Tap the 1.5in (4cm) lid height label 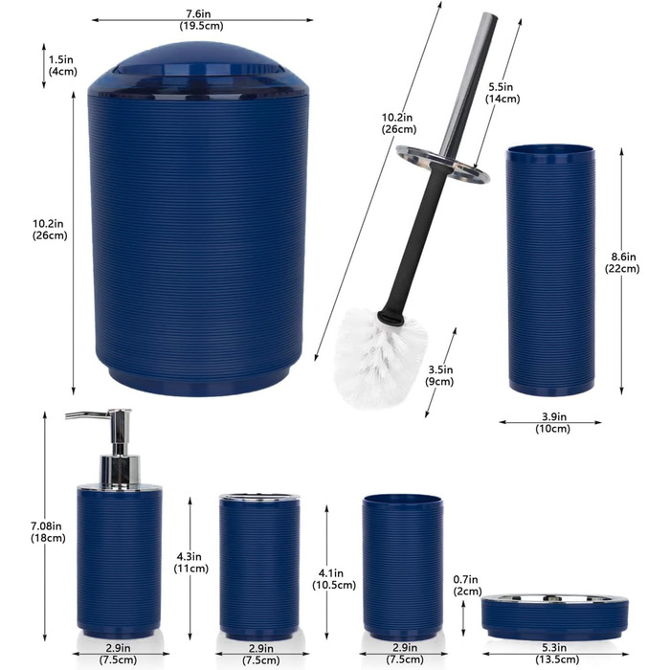tap(62, 65)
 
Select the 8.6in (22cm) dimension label tap(622, 262)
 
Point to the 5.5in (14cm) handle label tap(502, 93)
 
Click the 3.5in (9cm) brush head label tap(439, 375)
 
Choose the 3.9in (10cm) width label tap(553, 422)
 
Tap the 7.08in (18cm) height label tap(48, 532)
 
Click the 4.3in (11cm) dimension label tap(190, 563)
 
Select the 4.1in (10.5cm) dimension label tap(334, 579)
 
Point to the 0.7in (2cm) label tap(467, 586)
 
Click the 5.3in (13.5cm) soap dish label tap(557, 654)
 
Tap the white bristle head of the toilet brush tap(380, 356)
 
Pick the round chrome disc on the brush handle tap(442, 164)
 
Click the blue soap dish tap(554, 616)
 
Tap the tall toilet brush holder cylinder tap(550, 270)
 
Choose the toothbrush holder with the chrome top tap(259, 567)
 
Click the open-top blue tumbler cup tap(403, 568)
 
